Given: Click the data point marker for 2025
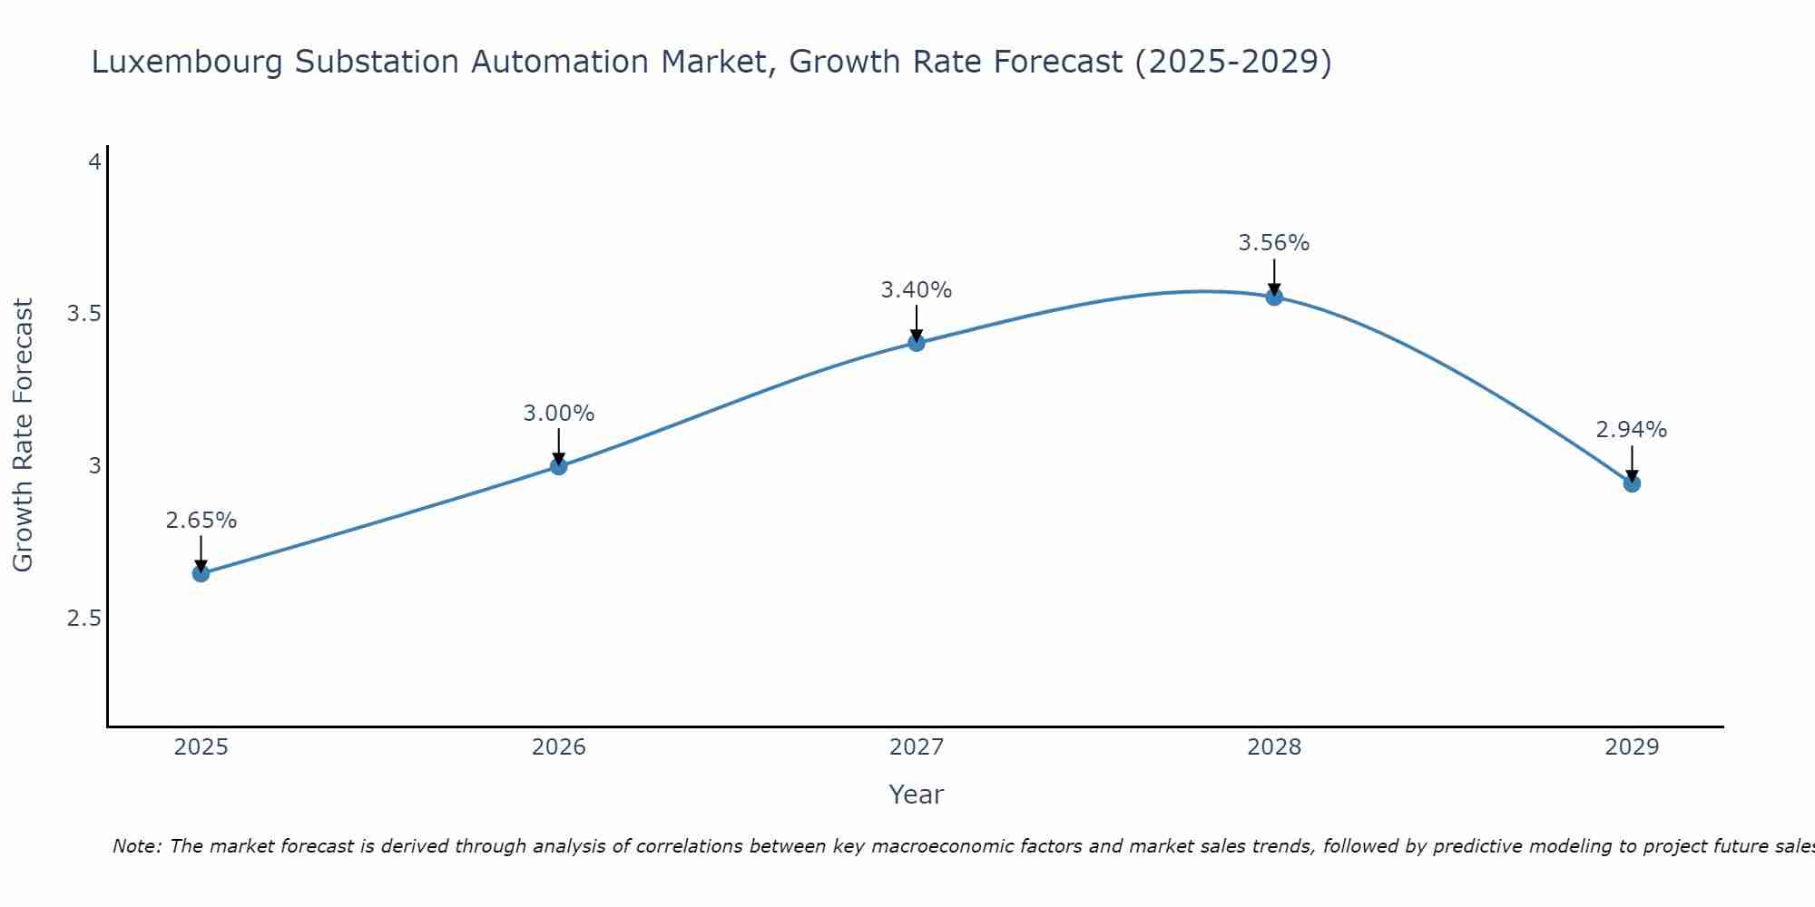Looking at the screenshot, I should (201, 573).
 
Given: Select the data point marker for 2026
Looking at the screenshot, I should (559, 466).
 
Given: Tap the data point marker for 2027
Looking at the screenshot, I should (917, 343).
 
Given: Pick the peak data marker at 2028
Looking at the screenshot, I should (1274, 297).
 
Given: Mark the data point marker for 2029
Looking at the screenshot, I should (1632, 483).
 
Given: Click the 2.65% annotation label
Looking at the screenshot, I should (201, 521).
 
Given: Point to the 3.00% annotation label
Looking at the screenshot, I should (559, 414).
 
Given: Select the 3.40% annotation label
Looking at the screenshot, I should (917, 290).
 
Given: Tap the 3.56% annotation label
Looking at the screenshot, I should (1274, 243).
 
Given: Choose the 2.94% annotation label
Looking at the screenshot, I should (1632, 430).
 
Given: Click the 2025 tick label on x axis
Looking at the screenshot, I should (201, 747).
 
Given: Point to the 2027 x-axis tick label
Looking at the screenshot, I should (917, 747).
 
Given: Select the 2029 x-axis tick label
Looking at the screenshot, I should (1632, 747).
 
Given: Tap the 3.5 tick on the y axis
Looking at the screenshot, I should (83, 314).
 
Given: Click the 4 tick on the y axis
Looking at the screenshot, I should (94, 162).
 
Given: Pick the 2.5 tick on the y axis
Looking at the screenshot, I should (83, 619).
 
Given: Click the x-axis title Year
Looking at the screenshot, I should (917, 795).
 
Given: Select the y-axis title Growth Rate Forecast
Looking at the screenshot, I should (24, 435).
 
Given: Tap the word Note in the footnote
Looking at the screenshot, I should (136, 846).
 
